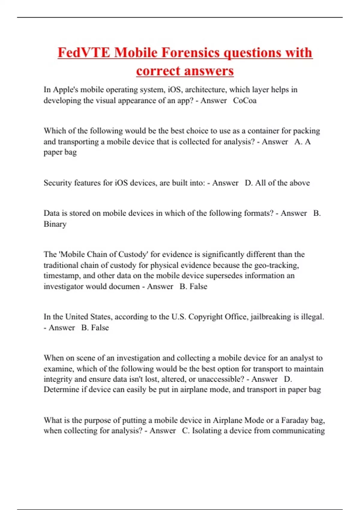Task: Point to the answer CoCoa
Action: point(245,100)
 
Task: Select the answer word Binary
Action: point(55,224)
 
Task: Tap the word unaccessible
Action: point(221,379)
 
